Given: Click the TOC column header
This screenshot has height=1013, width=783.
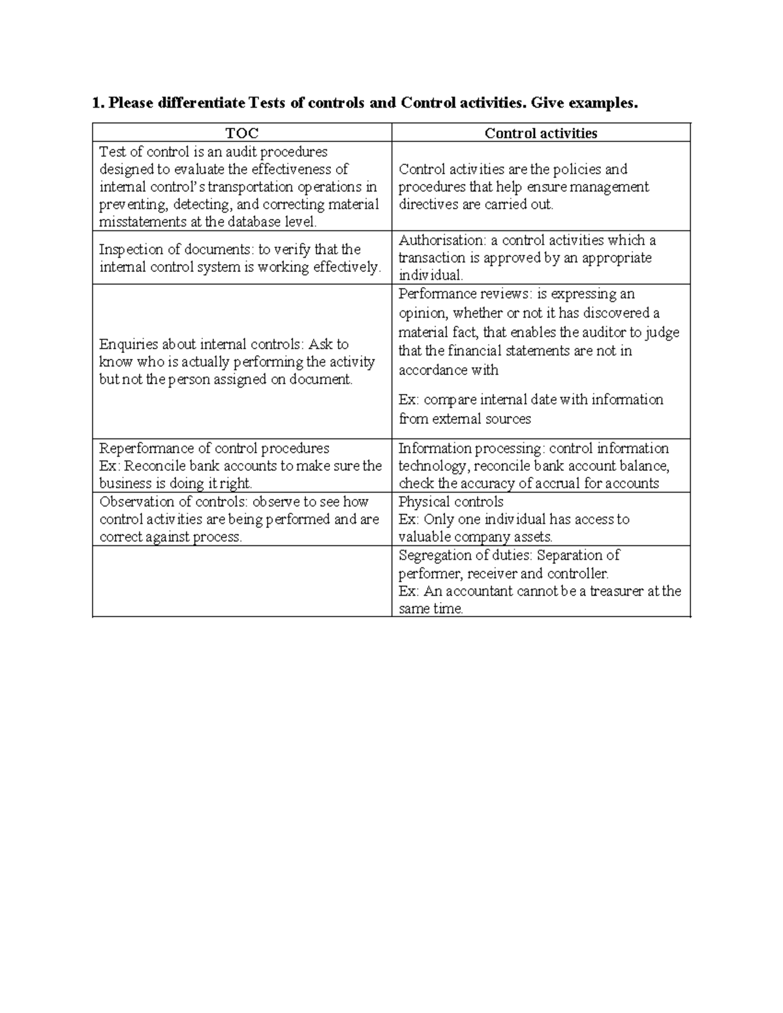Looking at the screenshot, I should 242,133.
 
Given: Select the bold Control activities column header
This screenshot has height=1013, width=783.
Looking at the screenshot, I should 540,133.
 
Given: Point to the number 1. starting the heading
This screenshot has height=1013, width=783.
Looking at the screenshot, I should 98,103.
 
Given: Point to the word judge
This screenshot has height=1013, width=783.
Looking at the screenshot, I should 662,332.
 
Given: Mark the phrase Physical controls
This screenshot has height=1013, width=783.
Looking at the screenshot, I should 451,502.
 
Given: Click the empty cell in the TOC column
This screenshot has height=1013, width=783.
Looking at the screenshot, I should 242,581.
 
